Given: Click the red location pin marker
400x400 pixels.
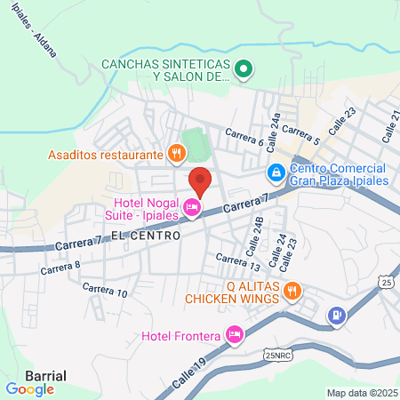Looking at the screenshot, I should click(201, 180).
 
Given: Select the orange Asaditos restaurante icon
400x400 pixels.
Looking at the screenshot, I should click(177, 154).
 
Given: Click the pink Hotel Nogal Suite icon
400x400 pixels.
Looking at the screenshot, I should click(190, 209).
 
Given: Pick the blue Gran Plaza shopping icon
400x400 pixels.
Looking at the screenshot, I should click(276, 171).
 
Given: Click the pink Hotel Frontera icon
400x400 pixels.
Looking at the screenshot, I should click(235, 335).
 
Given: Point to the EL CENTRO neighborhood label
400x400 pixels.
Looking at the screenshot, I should click(146, 236).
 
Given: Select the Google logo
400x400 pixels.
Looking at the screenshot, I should click(29, 388).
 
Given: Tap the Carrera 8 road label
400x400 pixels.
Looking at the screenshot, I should click(60, 265).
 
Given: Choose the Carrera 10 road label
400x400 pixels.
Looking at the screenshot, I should click(105, 289).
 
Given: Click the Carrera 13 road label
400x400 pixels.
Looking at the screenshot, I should click(238, 262).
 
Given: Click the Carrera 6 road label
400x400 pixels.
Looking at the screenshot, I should click(244, 136).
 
